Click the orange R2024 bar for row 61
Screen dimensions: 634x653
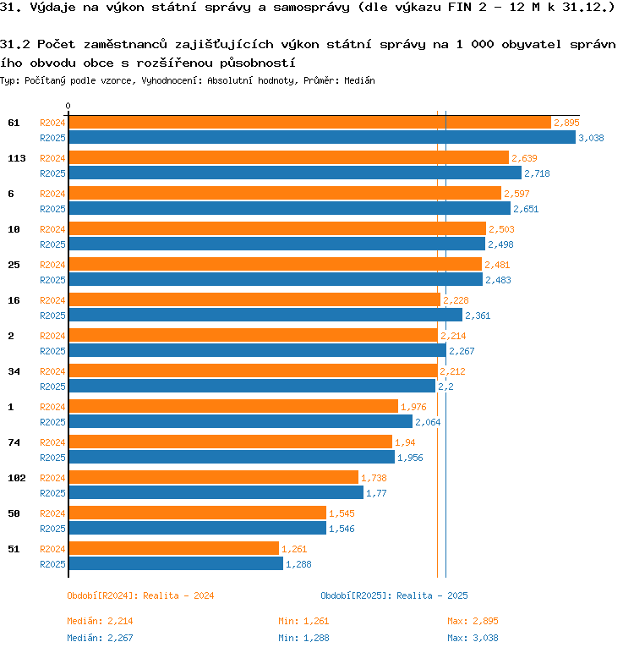(309, 123)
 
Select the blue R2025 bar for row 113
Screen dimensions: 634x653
(295, 173)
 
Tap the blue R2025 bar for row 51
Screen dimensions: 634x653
(176, 563)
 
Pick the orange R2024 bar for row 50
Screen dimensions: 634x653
(198, 513)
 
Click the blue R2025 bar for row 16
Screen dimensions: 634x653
(265, 315)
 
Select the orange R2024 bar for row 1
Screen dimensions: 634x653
(233, 406)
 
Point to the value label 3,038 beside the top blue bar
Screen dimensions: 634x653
(591, 138)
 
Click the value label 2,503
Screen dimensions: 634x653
(501, 229)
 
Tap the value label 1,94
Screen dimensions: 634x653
(405, 442)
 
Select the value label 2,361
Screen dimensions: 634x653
(478, 316)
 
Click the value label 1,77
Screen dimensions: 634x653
(376, 493)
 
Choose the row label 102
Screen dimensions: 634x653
(17, 478)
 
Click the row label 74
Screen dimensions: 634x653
(14, 442)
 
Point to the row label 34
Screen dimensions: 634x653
(14, 371)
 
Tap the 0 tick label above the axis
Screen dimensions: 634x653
(68, 106)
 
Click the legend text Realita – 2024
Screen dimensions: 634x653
(178, 595)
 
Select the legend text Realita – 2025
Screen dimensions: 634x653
(432, 595)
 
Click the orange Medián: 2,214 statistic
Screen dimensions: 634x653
(100, 621)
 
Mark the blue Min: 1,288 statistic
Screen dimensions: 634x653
(303, 638)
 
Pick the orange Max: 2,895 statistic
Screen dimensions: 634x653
(473, 621)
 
